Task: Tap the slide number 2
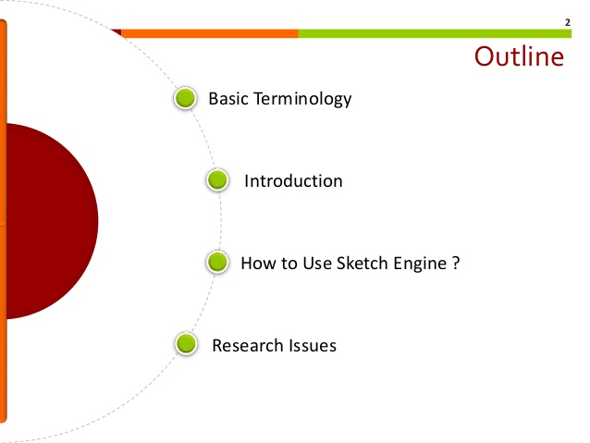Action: pyautogui.click(x=567, y=20)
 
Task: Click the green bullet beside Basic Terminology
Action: pyautogui.click(x=185, y=98)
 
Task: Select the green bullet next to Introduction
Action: pyautogui.click(x=217, y=180)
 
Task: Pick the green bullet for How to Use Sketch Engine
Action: pyautogui.click(x=217, y=263)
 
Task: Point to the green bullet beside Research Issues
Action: pyautogui.click(x=186, y=345)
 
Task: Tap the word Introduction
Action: pyautogui.click(x=293, y=181)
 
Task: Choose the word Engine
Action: pyautogui.click(x=416, y=264)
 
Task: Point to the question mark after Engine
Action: pyautogui.click(x=456, y=263)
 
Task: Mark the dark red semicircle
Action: pyautogui.click(x=51, y=221)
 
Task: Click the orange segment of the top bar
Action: pyautogui.click(x=209, y=33)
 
